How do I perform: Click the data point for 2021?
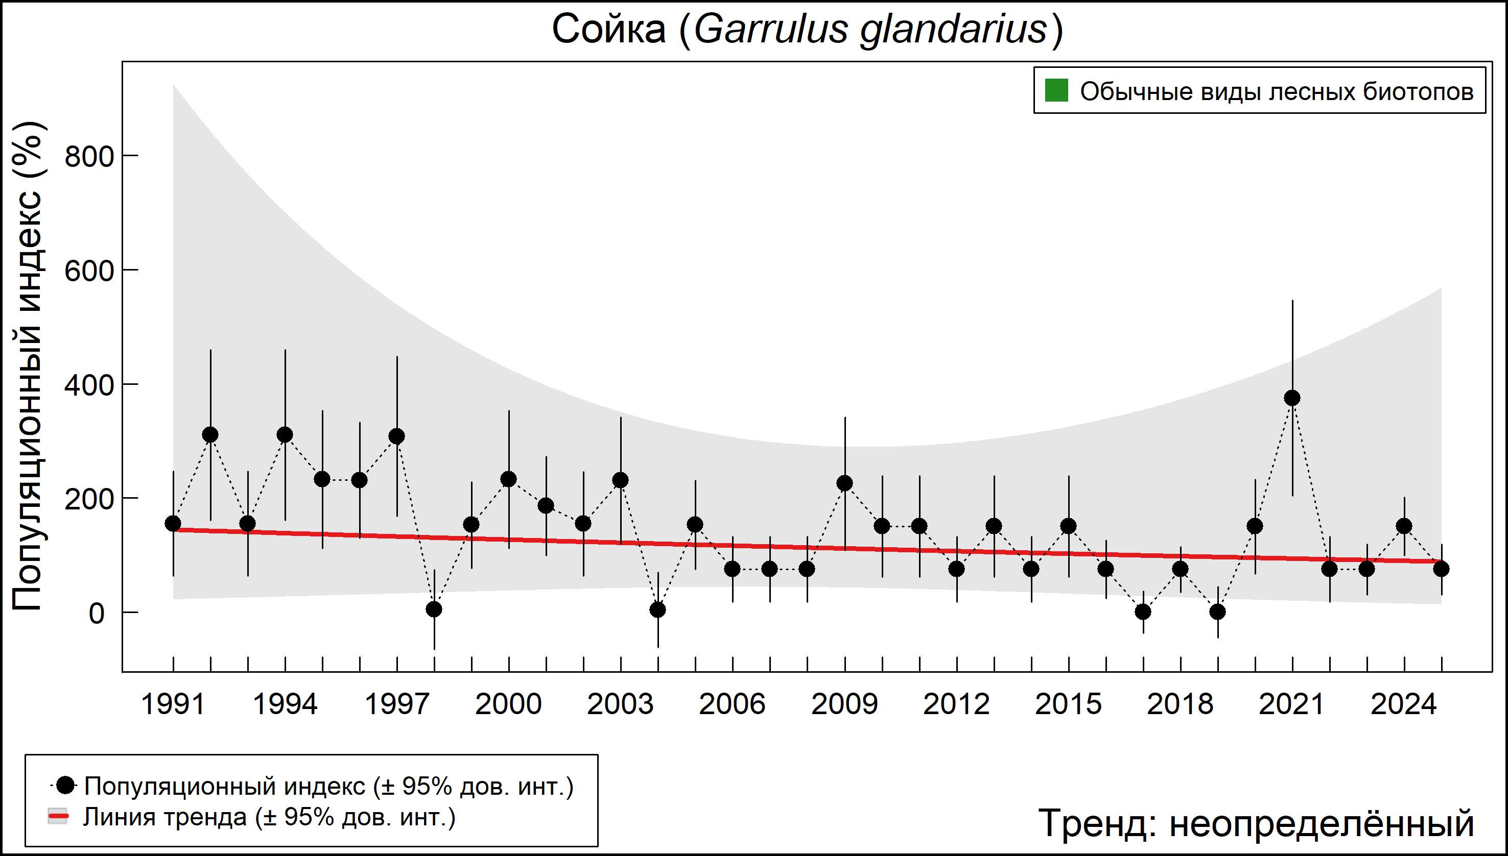[1292, 398]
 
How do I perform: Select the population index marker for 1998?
[434, 609]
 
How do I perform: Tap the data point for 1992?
[210, 435]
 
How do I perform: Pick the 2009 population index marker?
[845, 483]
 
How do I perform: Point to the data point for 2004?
[658, 609]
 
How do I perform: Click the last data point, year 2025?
[1441, 569]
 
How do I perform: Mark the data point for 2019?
[1217, 612]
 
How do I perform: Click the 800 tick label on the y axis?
[89, 157]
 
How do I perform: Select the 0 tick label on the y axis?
[97, 614]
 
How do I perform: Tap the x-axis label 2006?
[732, 704]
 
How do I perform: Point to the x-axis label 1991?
[173, 704]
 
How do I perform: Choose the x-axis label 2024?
[1404, 704]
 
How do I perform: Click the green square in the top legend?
[1056, 91]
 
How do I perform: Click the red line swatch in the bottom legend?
[58, 817]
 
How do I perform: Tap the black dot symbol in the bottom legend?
[66, 785]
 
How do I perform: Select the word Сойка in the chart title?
[608, 30]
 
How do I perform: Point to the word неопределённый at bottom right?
[1321, 823]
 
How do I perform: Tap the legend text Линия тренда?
[164, 817]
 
